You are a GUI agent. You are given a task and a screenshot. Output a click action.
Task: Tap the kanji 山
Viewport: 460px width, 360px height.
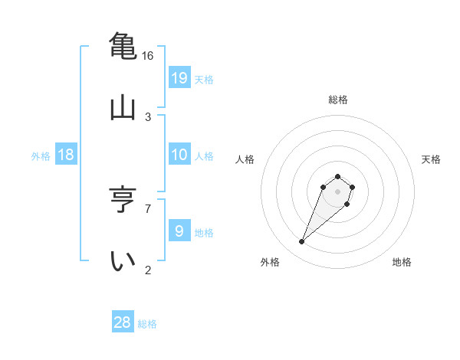pos(123,107)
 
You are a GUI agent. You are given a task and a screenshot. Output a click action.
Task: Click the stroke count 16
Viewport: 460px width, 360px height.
pos(148,56)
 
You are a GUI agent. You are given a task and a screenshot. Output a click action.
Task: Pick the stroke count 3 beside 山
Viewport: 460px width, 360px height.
pos(148,117)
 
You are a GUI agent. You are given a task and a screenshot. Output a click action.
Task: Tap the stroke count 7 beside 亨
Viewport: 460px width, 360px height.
pos(148,208)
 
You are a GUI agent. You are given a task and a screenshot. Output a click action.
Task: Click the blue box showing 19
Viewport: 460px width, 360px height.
pos(179,78)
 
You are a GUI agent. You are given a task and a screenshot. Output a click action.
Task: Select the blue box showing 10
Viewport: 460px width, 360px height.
pos(179,155)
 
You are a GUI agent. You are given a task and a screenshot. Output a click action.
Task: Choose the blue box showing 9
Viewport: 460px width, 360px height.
pos(179,231)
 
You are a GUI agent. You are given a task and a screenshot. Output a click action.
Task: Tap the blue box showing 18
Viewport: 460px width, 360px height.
pos(66,155)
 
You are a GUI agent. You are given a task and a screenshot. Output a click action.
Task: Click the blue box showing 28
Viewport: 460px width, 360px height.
pos(123,322)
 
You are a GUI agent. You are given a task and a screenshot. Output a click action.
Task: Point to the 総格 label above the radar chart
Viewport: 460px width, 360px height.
pos(338,100)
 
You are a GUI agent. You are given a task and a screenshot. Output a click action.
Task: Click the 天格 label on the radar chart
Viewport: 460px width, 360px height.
pos(431,159)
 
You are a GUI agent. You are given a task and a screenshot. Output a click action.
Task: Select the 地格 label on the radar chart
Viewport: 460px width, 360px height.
pos(402,262)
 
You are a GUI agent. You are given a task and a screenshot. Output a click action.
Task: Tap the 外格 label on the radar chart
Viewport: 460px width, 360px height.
pos(270,262)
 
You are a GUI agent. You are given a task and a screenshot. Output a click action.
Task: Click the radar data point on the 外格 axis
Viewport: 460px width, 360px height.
pos(302,242)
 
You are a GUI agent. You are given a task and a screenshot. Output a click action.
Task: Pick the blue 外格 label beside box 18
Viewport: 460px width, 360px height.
pos(41,156)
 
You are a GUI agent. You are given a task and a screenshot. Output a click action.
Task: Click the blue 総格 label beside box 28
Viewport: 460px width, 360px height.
pos(147,324)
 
